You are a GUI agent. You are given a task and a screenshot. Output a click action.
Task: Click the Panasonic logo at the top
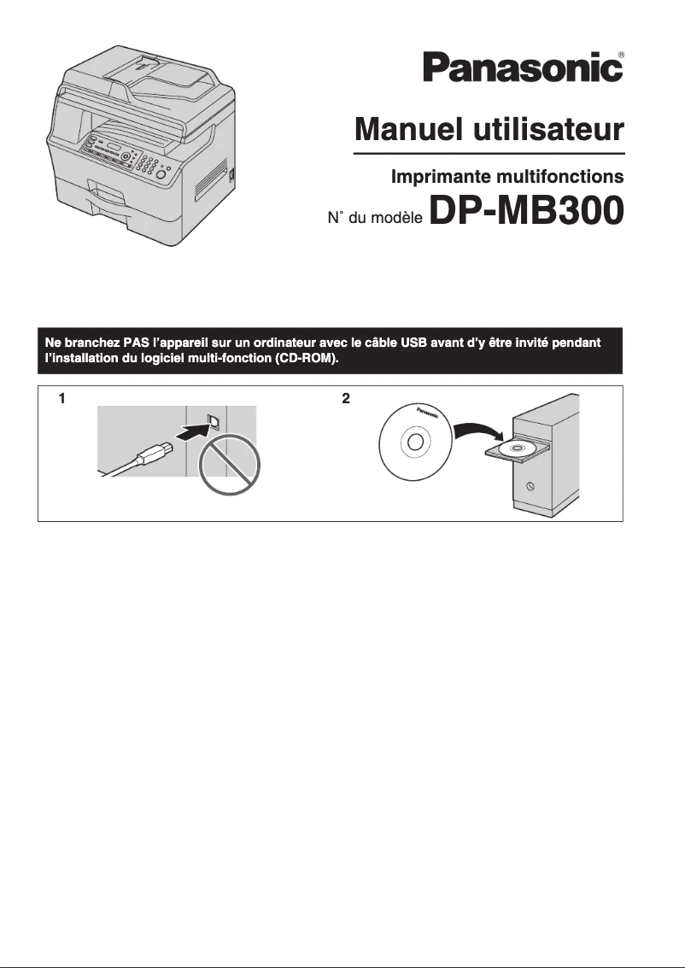click(521, 67)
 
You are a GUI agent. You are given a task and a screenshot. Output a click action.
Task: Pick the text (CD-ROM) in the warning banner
click(305, 360)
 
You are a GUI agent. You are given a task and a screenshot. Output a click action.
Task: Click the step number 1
click(61, 398)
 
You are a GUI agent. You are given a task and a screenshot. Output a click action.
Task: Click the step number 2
click(345, 398)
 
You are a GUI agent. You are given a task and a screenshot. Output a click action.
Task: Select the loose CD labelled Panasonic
click(415, 443)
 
